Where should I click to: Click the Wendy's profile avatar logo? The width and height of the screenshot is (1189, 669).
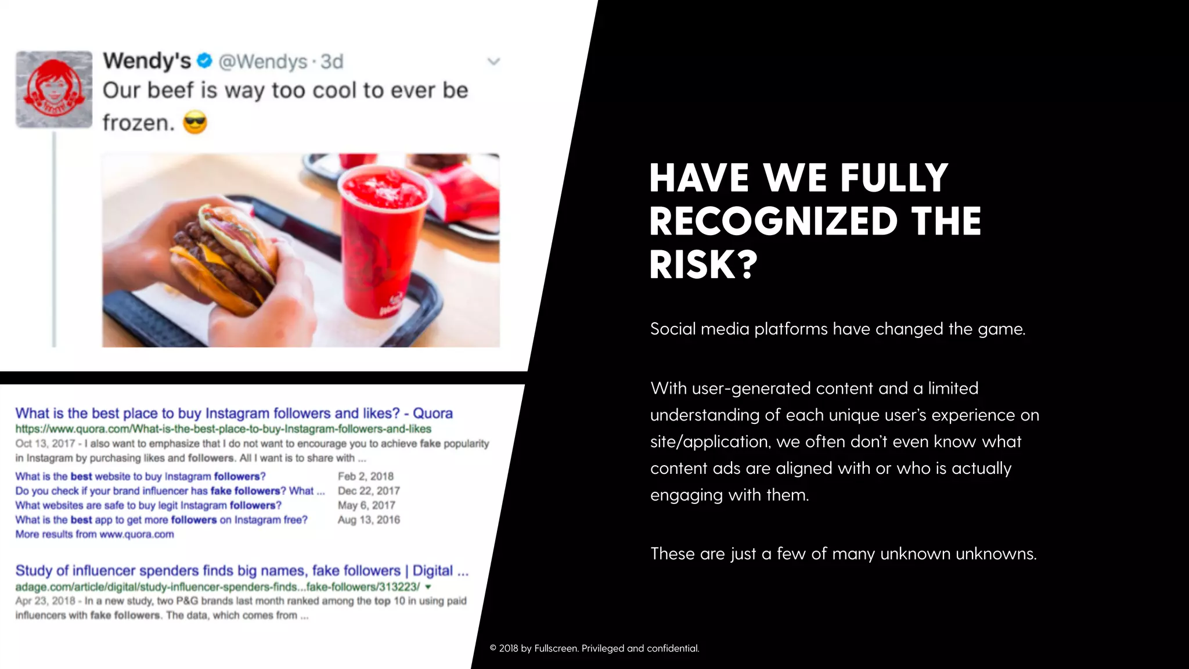tap(54, 89)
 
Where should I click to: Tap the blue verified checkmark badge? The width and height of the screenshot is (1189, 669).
tap(204, 60)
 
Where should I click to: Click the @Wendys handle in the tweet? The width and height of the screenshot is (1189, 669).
tap(263, 62)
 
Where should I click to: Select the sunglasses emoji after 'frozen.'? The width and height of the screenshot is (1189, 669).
tap(195, 123)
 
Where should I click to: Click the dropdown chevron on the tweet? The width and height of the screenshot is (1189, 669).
tap(493, 62)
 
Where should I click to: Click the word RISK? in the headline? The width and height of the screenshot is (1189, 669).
tap(703, 265)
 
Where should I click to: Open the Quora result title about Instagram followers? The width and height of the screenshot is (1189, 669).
tap(233, 413)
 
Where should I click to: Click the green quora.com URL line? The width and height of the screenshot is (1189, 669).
tap(223, 429)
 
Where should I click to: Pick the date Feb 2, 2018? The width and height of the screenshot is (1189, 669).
tap(366, 476)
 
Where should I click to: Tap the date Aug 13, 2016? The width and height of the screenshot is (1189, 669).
tap(369, 520)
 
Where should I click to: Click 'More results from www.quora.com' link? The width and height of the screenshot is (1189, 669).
tap(95, 534)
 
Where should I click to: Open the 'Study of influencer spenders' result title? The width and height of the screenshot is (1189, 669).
tap(242, 571)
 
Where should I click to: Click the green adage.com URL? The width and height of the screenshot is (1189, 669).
tap(218, 587)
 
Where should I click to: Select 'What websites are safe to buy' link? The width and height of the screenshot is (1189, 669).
tap(148, 505)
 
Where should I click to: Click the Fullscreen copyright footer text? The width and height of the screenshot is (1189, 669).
tap(594, 648)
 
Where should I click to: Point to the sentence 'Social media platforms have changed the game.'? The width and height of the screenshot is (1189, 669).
tap(838, 329)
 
